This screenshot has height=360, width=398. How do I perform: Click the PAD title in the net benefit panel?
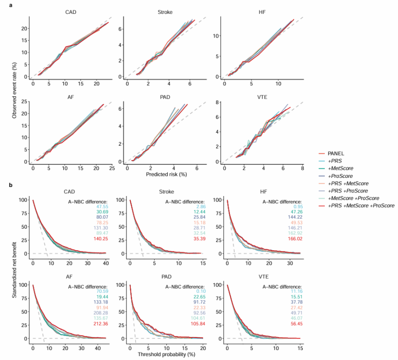pyautogui.click(x=167, y=277)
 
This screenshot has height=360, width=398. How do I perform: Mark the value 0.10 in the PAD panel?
pyautogui.click(x=199, y=291)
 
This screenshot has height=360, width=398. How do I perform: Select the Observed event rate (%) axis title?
pyautogui.click(x=15, y=89)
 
